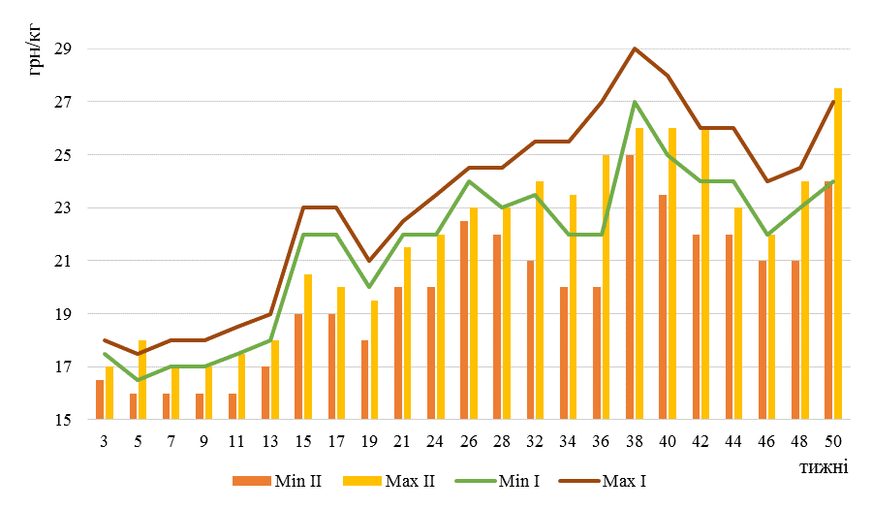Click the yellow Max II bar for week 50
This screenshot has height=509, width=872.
(x=838, y=254)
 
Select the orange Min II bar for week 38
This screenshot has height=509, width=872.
(x=629, y=287)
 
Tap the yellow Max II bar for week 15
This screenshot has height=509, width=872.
(x=308, y=347)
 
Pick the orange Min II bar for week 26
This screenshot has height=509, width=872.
(x=463, y=320)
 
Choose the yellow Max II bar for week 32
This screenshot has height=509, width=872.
(x=540, y=301)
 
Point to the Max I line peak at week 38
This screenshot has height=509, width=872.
(x=634, y=48)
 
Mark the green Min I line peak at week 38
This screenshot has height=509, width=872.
(x=634, y=102)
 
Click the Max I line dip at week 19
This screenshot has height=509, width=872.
(x=369, y=261)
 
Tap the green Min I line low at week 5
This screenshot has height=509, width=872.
(x=137, y=380)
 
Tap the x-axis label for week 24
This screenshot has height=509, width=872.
(x=435, y=442)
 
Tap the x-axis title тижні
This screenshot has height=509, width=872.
(x=825, y=466)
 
